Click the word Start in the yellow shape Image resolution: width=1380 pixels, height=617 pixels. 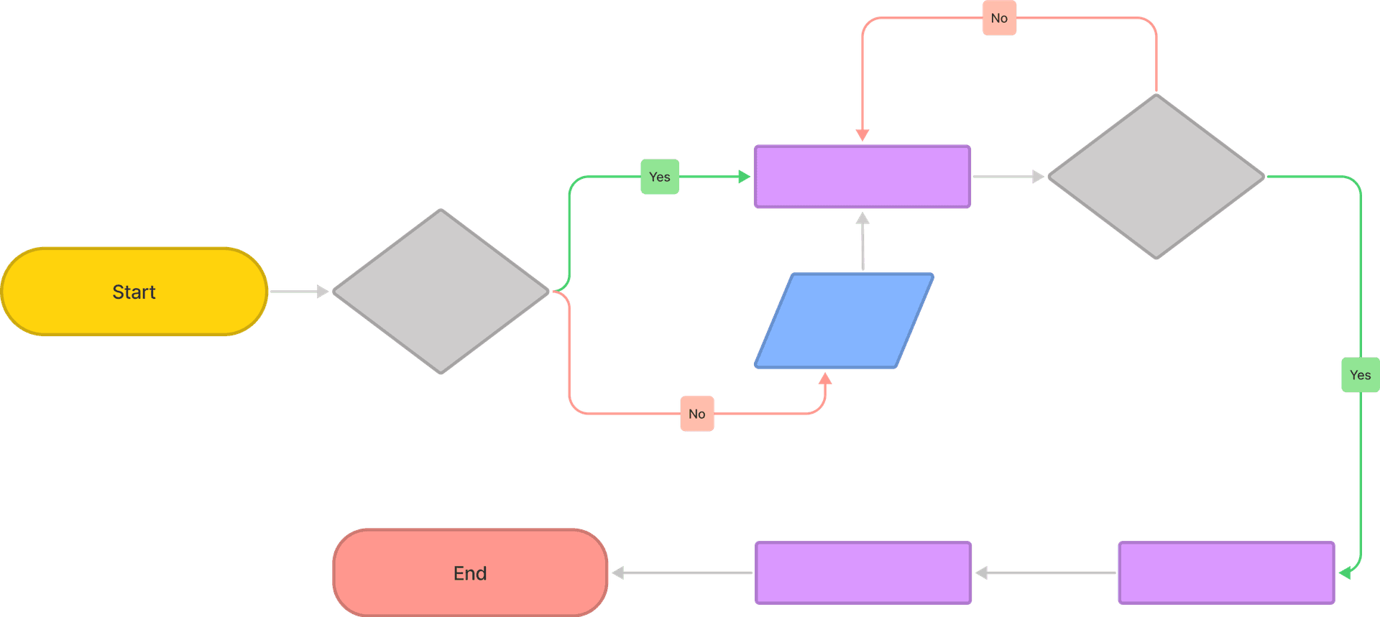134,292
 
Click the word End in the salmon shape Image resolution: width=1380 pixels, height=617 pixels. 470,573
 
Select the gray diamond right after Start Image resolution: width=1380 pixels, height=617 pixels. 441,292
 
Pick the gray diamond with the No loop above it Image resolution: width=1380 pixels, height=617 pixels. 1156,177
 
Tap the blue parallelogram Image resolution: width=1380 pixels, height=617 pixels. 845,320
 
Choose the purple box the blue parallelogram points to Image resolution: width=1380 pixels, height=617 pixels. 862,177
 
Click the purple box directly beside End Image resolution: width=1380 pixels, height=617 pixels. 863,573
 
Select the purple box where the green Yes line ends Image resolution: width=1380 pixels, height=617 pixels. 1226,573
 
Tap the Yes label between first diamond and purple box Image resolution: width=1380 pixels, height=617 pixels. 660,177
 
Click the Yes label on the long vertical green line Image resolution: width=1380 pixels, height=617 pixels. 1360,375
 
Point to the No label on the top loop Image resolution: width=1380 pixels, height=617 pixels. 999,19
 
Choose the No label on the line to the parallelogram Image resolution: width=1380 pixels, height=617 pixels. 697,414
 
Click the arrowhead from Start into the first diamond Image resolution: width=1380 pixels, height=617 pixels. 323,292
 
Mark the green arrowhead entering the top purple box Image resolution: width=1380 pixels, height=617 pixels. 744,177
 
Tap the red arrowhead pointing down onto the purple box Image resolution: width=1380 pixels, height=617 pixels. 862,135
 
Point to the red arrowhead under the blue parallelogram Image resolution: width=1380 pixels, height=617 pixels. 825,379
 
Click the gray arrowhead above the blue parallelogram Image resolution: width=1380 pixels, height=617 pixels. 862,218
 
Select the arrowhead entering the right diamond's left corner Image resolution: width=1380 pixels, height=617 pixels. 1038,177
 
